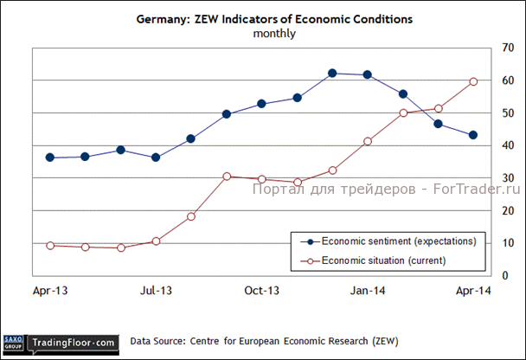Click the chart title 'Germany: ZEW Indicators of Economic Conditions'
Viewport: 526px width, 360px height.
[x=274, y=18]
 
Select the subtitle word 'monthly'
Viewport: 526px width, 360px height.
[x=274, y=34]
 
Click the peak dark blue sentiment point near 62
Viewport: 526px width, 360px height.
[x=332, y=73]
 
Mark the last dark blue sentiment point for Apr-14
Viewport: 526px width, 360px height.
[x=473, y=135]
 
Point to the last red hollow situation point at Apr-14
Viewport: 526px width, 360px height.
[x=473, y=81]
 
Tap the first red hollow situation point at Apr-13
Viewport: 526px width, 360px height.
[x=50, y=245]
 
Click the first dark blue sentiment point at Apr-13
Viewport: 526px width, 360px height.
[x=50, y=157]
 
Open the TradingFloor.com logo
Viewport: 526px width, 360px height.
[x=74, y=344]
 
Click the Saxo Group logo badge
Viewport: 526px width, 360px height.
[x=13, y=343]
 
